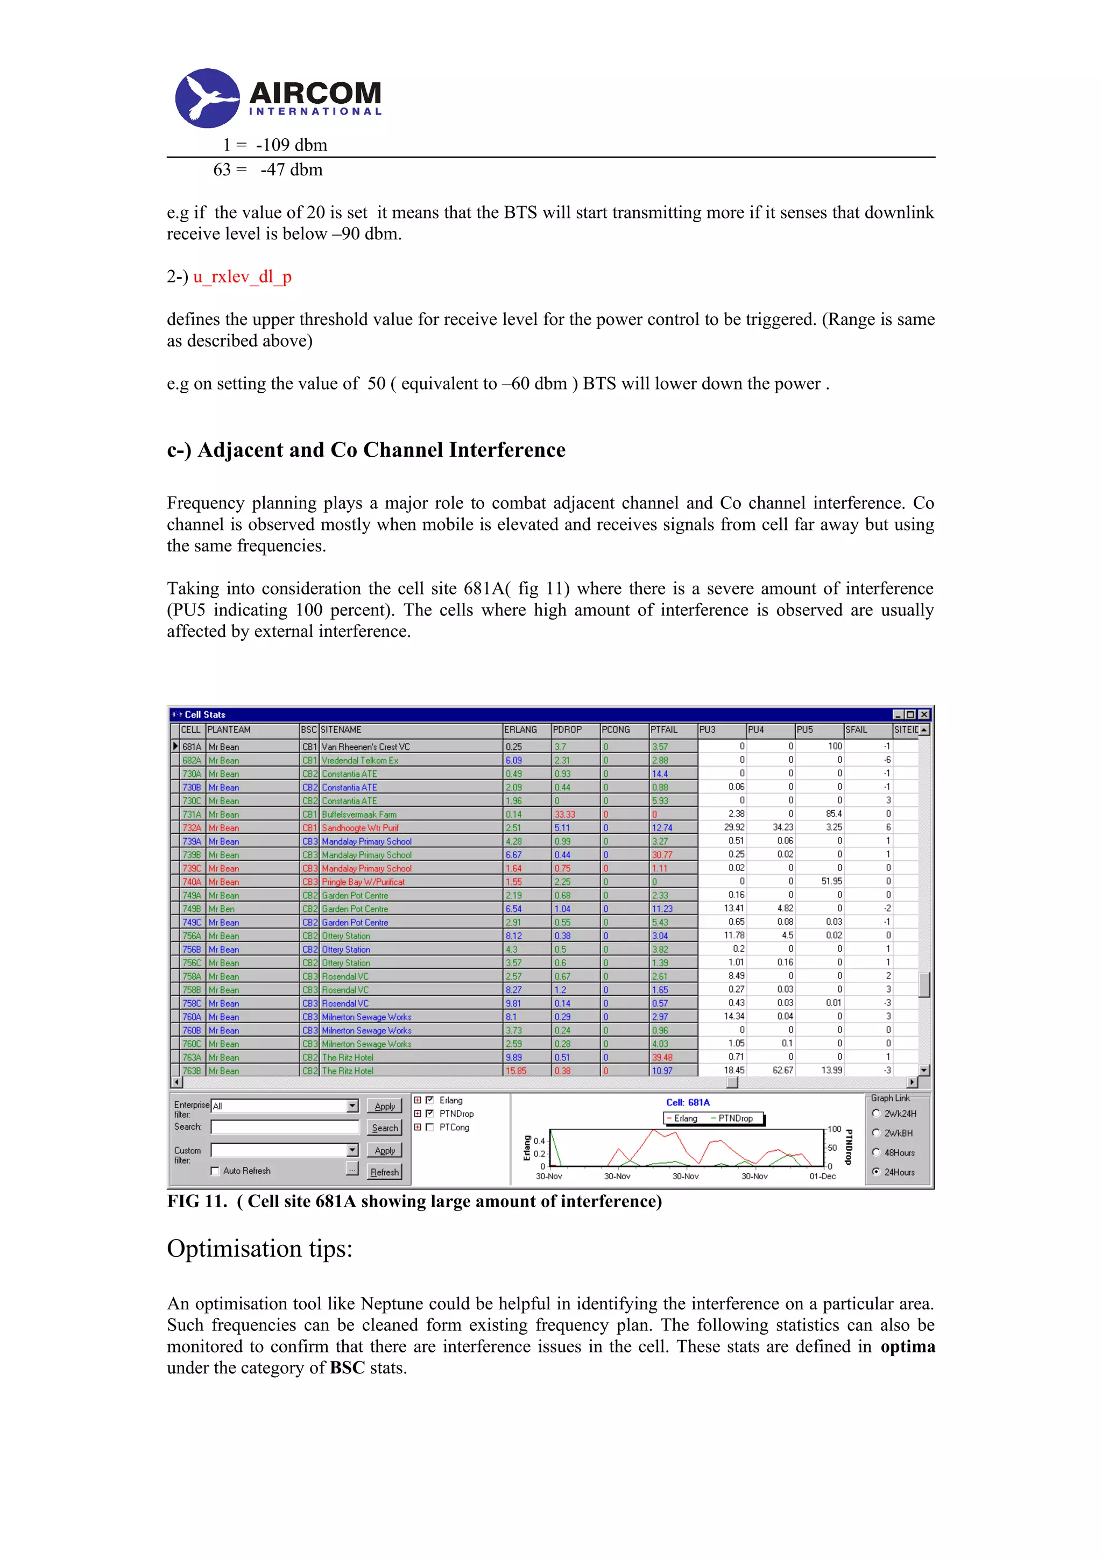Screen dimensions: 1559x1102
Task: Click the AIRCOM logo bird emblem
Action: (x=207, y=98)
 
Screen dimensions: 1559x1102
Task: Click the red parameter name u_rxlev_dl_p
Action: (x=242, y=277)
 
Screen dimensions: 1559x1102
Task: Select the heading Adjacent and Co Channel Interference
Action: (x=366, y=450)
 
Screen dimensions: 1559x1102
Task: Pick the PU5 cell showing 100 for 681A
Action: (x=834, y=746)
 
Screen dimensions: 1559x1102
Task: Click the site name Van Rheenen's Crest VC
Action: (x=365, y=747)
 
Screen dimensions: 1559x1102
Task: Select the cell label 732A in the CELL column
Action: (x=192, y=828)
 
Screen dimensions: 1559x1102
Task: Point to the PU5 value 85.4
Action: (x=832, y=813)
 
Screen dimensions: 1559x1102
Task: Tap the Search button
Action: (x=384, y=1128)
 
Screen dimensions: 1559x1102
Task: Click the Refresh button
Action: (x=384, y=1172)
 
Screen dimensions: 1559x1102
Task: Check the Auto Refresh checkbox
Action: (x=215, y=1171)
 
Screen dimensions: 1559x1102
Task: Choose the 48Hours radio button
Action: (x=876, y=1152)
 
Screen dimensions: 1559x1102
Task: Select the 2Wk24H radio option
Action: (x=876, y=1114)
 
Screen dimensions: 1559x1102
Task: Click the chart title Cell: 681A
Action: (x=687, y=1103)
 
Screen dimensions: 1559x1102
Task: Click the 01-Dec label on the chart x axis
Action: (x=822, y=1176)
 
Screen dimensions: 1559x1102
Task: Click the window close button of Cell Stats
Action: (x=923, y=714)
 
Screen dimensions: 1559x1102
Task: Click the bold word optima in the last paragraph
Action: (x=907, y=1347)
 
